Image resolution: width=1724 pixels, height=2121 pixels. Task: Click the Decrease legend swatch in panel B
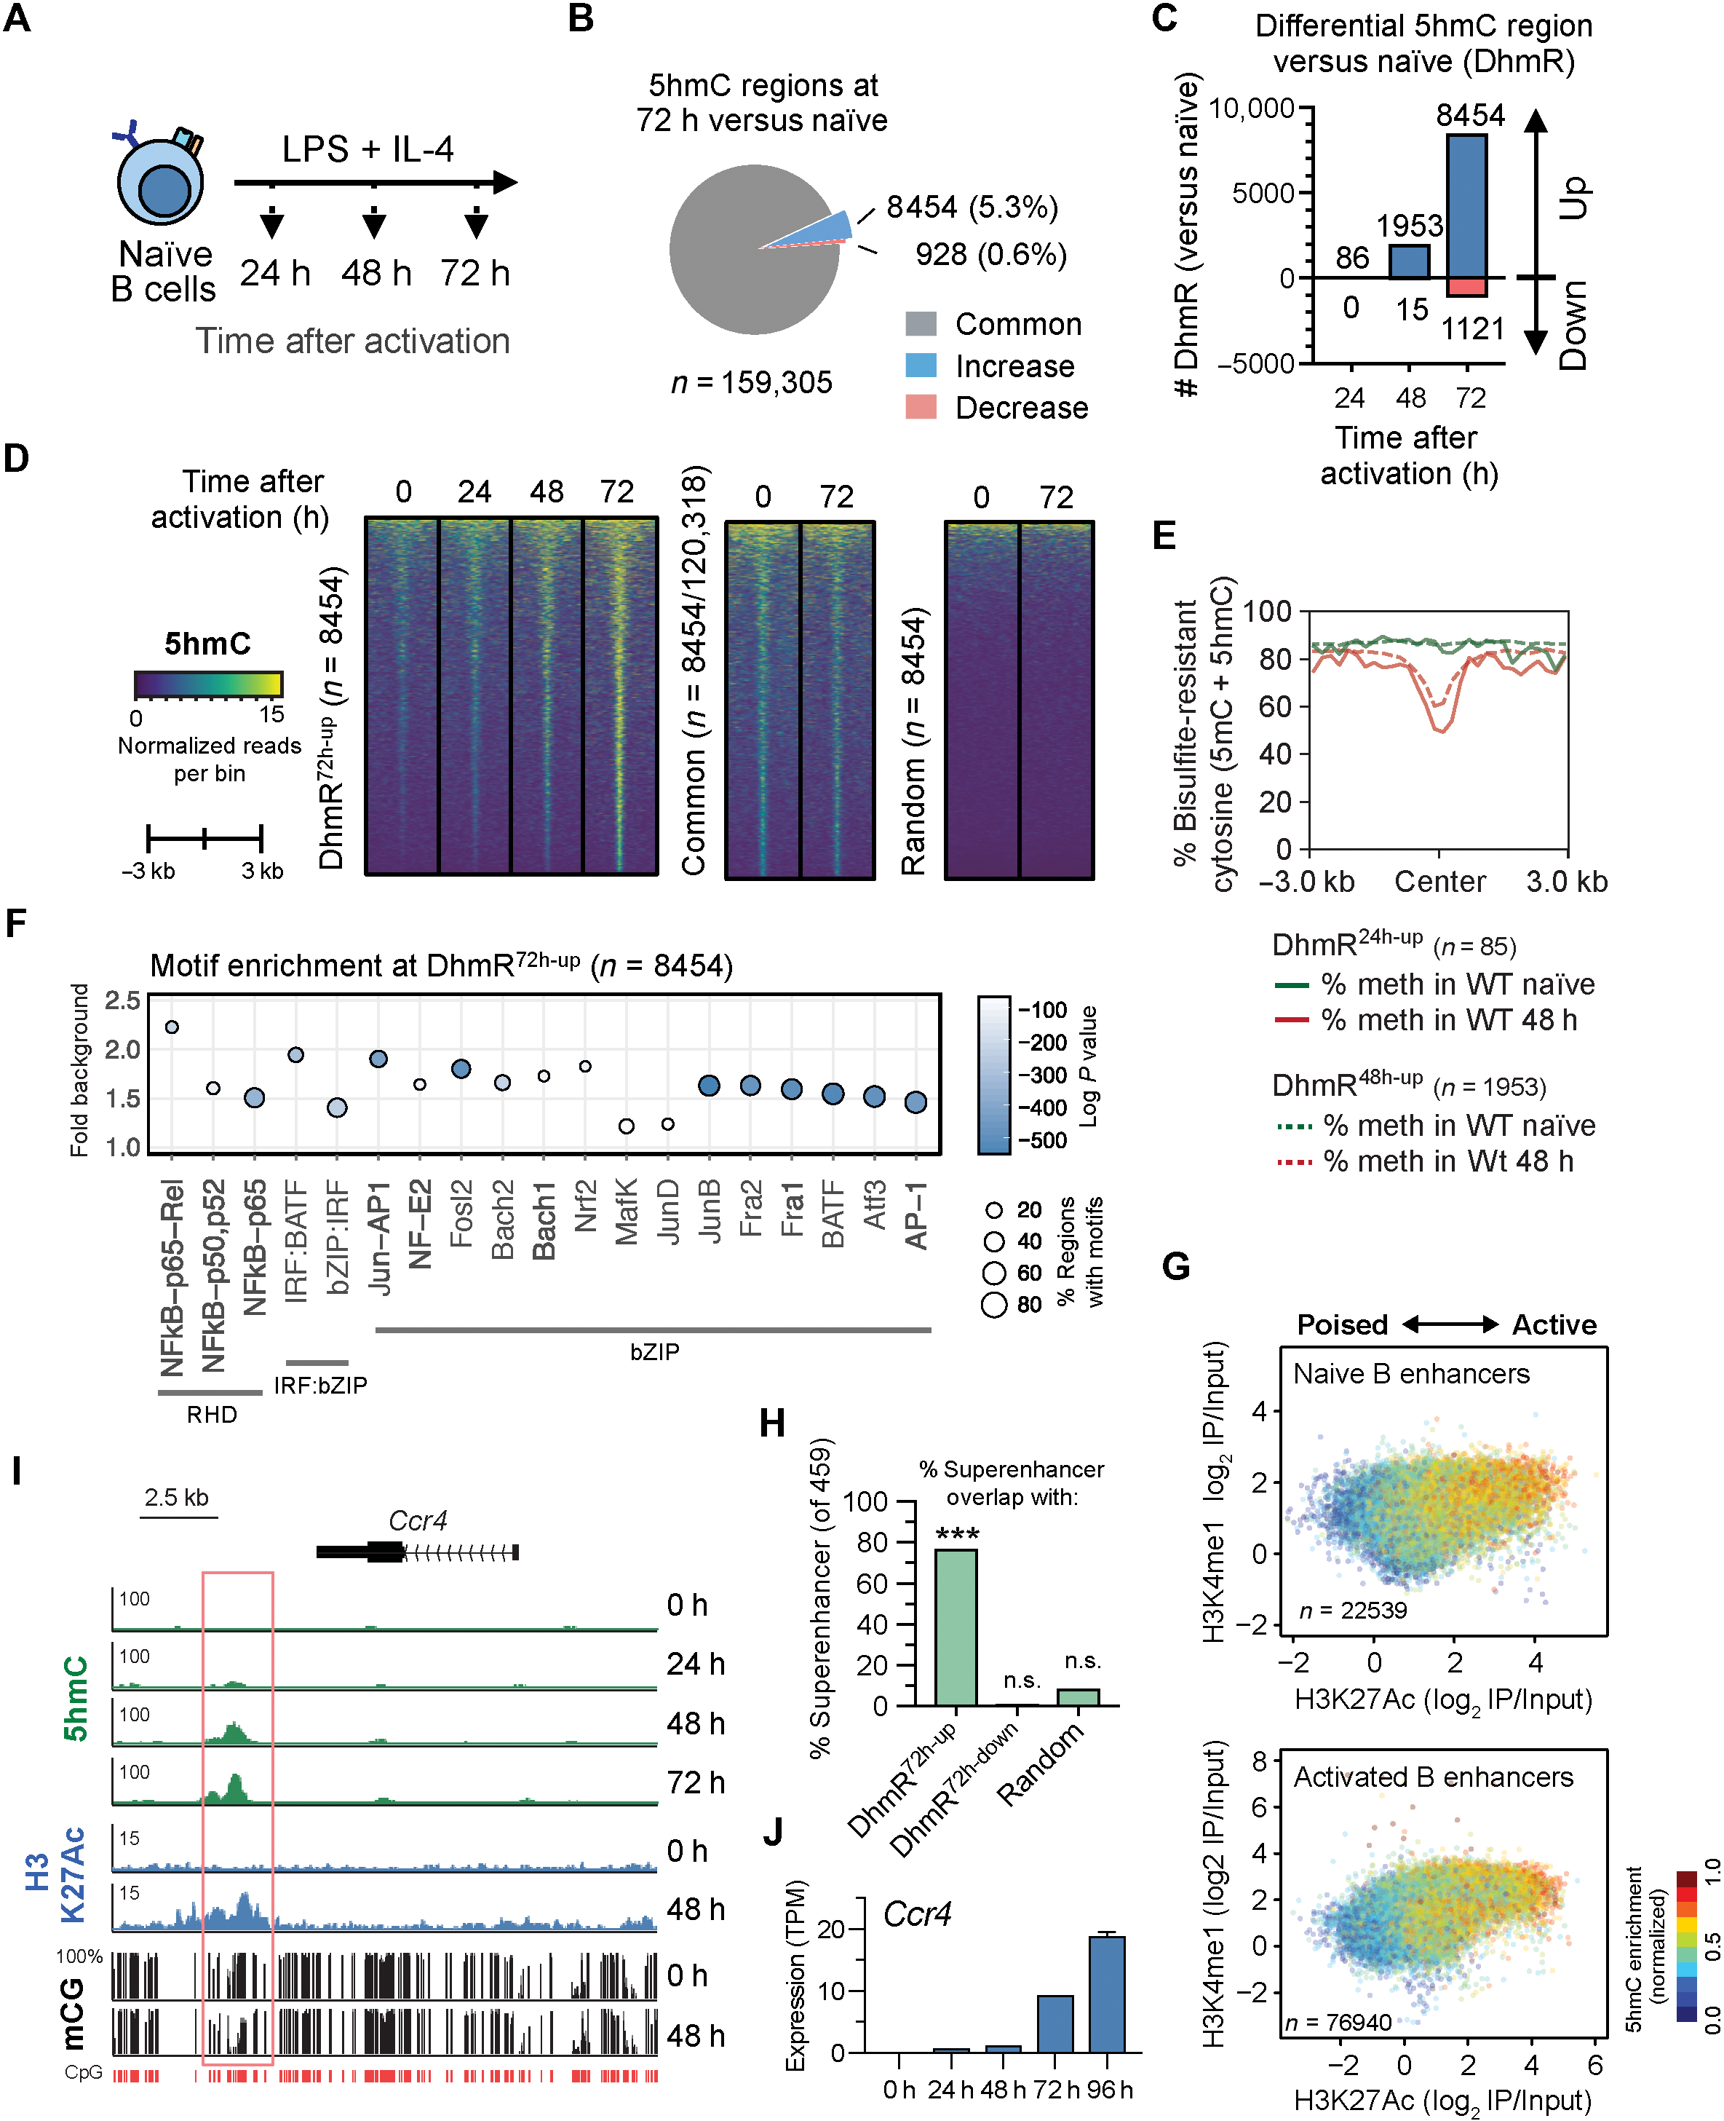click(921, 407)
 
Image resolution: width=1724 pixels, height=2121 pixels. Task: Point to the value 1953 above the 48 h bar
click(1409, 226)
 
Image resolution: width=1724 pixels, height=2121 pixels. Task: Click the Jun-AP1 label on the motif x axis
click(378, 1238)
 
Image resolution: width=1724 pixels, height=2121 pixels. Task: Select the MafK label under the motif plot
click(627, 1212)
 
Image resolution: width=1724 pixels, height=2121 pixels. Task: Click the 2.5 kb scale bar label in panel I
click(176, 1497)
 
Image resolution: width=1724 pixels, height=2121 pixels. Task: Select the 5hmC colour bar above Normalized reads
click(209, 684)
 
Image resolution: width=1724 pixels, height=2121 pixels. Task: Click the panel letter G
click(1176, 1267)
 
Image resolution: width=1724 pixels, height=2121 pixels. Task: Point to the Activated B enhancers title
click(1432, 1777)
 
